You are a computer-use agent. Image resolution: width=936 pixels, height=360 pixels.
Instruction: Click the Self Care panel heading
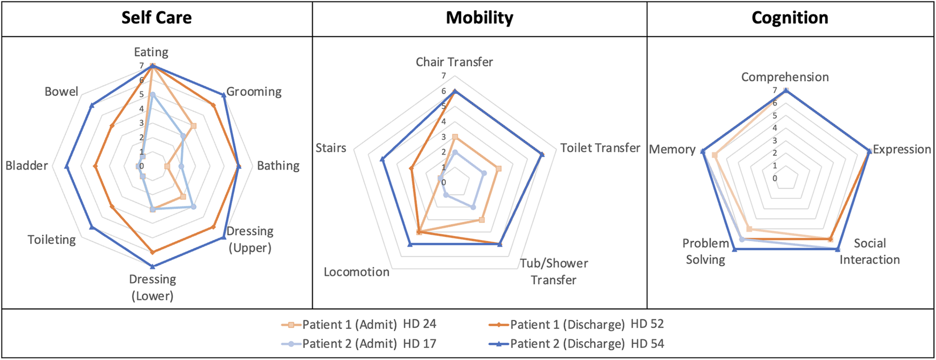156,18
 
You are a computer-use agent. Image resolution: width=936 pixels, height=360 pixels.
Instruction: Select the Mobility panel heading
479,18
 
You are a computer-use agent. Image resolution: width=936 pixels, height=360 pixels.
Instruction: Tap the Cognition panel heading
789,18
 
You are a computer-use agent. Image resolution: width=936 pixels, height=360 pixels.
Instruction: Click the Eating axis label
151,52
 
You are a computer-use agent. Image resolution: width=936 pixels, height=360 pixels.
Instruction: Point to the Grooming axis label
254,91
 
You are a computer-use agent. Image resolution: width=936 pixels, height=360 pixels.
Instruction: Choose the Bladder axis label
26,166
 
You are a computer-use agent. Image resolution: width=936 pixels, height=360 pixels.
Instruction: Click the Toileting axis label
51,239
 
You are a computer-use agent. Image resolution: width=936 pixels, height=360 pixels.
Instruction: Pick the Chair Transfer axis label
454,62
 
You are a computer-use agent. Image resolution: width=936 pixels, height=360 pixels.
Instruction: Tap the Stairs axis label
331,148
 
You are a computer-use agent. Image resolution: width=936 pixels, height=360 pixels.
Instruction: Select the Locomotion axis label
357,272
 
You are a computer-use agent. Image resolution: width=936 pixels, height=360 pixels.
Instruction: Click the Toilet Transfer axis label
600,148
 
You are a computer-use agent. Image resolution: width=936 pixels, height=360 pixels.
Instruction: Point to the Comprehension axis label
785,77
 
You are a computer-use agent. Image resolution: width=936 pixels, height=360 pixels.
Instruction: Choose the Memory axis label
672,149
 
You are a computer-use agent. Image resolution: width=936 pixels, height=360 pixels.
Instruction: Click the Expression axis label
901,149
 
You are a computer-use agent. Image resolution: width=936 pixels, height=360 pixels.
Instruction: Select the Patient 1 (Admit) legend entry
349,325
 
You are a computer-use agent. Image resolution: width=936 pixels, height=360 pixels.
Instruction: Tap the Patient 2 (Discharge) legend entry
567,344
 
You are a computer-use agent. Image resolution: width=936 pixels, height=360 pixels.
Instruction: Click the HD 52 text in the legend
647,324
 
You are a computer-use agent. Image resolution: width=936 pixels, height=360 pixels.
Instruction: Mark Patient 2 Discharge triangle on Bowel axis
92,105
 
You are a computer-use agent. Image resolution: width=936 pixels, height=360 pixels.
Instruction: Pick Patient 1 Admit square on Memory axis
714,155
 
